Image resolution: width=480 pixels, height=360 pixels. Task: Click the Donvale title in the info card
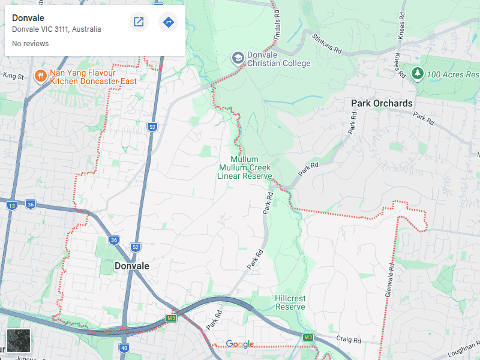pyautogui.click(x=28, y=18)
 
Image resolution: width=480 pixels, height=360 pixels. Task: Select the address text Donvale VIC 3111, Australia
pyautogui.click(x=56, y=29)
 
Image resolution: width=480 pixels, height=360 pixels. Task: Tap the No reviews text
pyautogui.click(x=30, y=44)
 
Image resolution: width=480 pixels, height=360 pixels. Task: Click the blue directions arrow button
pyautogui.click(x=169, y=22)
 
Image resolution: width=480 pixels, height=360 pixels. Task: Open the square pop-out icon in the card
pyautogui.click(x=139, y=22)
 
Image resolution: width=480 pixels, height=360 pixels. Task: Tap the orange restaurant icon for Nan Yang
pyautogui.click(x=41, y=76)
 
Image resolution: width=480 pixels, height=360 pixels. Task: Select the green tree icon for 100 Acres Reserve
pyautogui.click(x=418, y=73)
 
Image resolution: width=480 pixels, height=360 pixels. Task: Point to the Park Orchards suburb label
pyautogui.click(x=382, y=103)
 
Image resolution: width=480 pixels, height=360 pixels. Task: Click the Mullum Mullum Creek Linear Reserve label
pyautogui.click(x=244, y=168)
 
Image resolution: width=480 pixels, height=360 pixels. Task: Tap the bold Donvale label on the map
pyautogui.click(x=131, y=266)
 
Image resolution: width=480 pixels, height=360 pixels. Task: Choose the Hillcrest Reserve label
pyautogui.click(x=290, y=302)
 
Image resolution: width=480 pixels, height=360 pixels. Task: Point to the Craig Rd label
pyautogui.click(x=349, y=340)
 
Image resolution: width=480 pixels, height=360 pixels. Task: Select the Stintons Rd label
pyautogui.click(x=327, y=44)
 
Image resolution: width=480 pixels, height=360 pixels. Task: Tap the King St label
pyautogui.click(x=13, y=76)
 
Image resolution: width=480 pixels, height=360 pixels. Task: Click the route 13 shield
pyautogui.click(x=11, y=205)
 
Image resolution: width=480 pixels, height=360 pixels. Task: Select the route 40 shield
pyautogui.click(x=124, y=347)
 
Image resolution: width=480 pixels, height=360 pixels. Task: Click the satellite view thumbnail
pyautogui.click(x=19, y=341)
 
